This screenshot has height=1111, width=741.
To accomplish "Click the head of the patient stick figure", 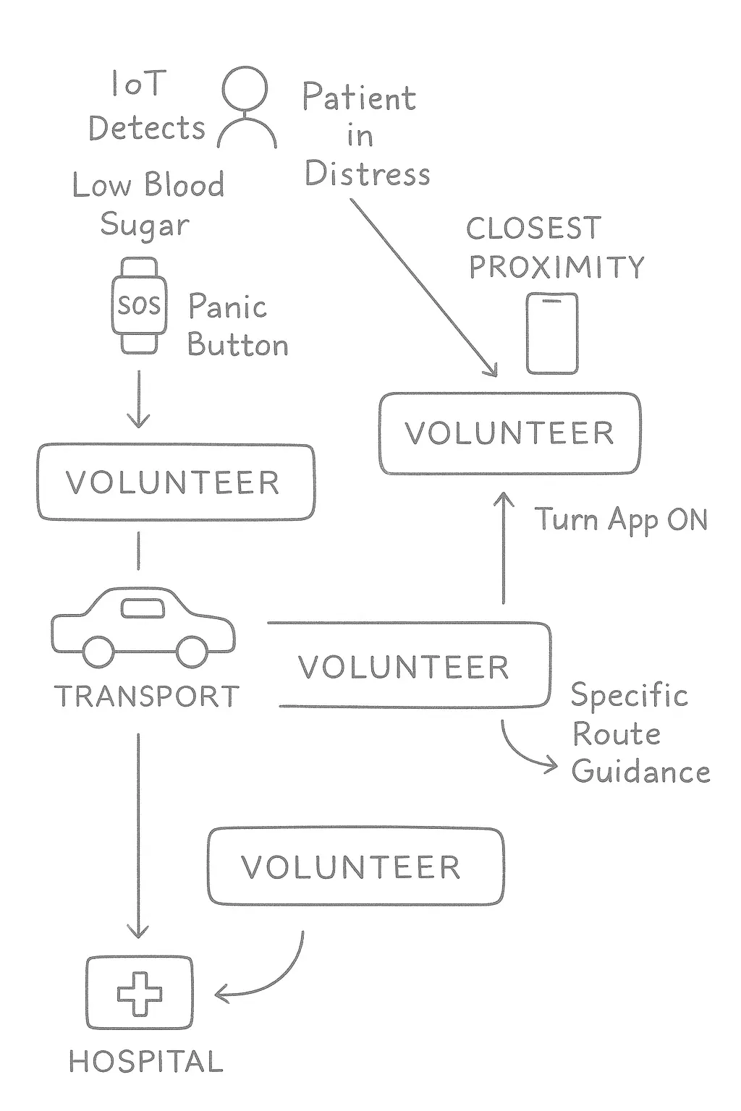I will click(245, 89).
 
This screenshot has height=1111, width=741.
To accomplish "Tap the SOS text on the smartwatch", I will click(139, 305).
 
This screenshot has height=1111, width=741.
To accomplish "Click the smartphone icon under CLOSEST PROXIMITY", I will click(551, 333).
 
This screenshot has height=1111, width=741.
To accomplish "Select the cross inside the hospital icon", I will click(140, 993).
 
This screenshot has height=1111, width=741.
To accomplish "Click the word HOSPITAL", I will click(146, 1062).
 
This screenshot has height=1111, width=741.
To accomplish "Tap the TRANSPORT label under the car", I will click(147, 697).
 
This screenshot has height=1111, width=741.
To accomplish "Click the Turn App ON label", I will click(621, 520).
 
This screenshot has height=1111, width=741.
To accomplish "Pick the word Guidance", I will click(640, 772).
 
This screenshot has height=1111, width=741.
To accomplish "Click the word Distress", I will click(367, 174).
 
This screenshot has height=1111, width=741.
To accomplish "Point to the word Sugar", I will click(145, 225).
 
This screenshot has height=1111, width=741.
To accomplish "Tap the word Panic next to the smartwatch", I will click(228, 307).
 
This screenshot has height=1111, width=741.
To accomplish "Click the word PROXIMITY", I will click(556, 268).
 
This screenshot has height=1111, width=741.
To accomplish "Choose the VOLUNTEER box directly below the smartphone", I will click(509, 433).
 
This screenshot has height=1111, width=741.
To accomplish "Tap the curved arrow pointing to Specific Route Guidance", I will click(525, 752).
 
